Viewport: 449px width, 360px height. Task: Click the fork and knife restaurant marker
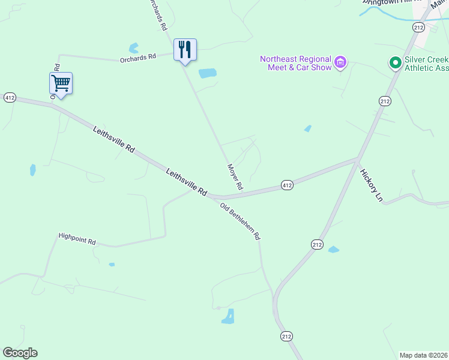click(185, 50)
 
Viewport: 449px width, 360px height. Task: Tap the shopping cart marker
click(61, 83)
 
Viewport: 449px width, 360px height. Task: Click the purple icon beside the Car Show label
click(340, 62)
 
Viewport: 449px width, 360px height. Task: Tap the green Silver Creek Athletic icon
click(395, 62)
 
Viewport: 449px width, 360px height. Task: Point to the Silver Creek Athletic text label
click(426, 63)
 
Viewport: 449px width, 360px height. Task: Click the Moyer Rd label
click(235, 177)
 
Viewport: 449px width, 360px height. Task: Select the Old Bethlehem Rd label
click(240, 221)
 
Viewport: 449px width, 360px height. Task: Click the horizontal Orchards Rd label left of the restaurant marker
click(137, 56)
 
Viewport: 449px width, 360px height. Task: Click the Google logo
click(20, 353)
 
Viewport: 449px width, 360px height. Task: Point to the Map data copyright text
click(423, 355)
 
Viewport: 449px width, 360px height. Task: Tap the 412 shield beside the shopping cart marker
click(10, 97)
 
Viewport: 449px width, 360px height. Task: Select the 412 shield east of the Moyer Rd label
click(287, 186)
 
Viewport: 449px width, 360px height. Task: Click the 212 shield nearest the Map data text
click(286, 337)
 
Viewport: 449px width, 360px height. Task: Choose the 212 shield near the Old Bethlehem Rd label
click(318, 244)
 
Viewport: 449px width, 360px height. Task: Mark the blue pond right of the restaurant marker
click(207, 73)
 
